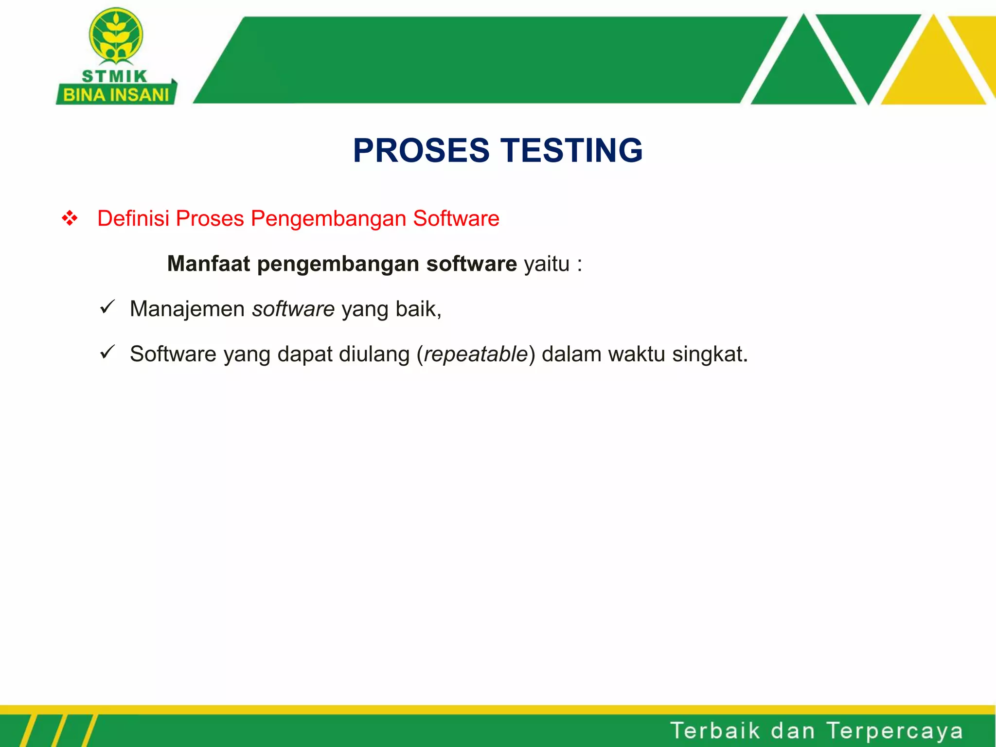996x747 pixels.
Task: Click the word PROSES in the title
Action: click(x=421, y=150)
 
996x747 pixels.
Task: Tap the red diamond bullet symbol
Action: click(x=70, y=218)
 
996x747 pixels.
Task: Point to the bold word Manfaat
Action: click(x=209, y=264)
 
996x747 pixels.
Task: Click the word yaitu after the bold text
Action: click(x=547, y=264)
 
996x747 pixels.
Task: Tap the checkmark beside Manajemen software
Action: click(x=107, y=307)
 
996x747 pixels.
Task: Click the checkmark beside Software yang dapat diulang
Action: click(x=107, y=352)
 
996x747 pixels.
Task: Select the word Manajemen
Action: click(x=187, y=309)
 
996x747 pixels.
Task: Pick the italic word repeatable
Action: click(x=476, y=355)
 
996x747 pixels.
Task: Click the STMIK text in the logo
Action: click(x=114, y=76)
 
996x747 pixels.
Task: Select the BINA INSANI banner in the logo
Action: click(x=116, y=94)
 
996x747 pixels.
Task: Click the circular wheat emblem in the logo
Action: click(x=116, y=35)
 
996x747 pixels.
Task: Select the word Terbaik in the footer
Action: click(x=715, y=730)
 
